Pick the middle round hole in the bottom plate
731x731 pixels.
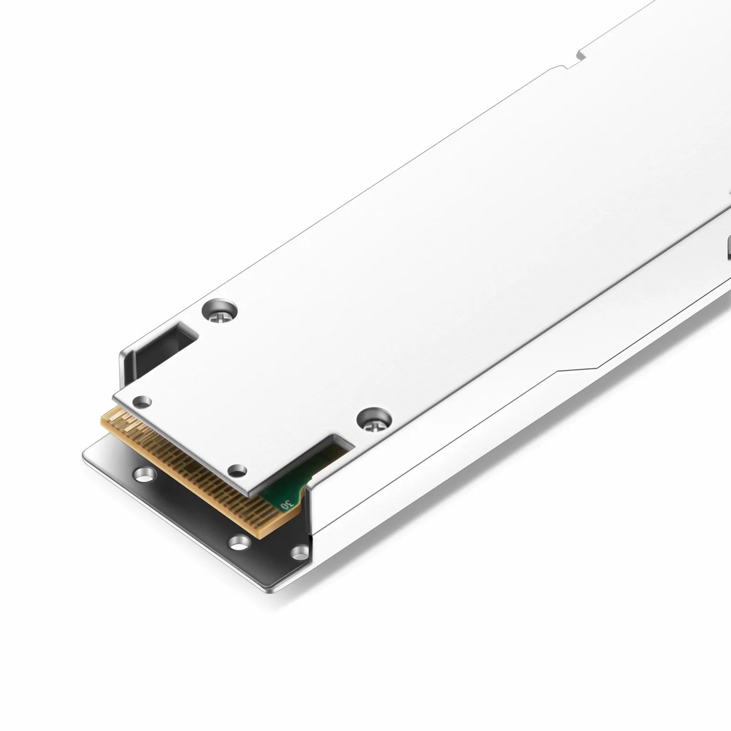pos(239,542)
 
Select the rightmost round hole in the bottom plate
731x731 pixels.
pos(300,552)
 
